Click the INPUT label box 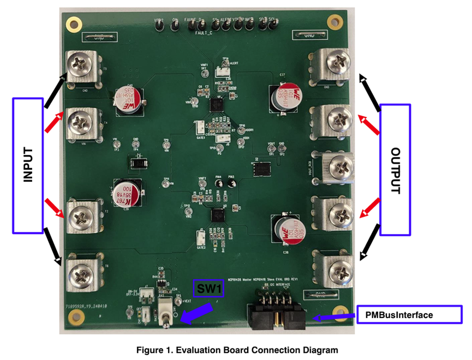(27, 165)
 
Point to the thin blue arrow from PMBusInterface (332, 316)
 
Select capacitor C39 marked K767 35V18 (128, 192)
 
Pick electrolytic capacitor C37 (284, 98)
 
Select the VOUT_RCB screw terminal (337, 167)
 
